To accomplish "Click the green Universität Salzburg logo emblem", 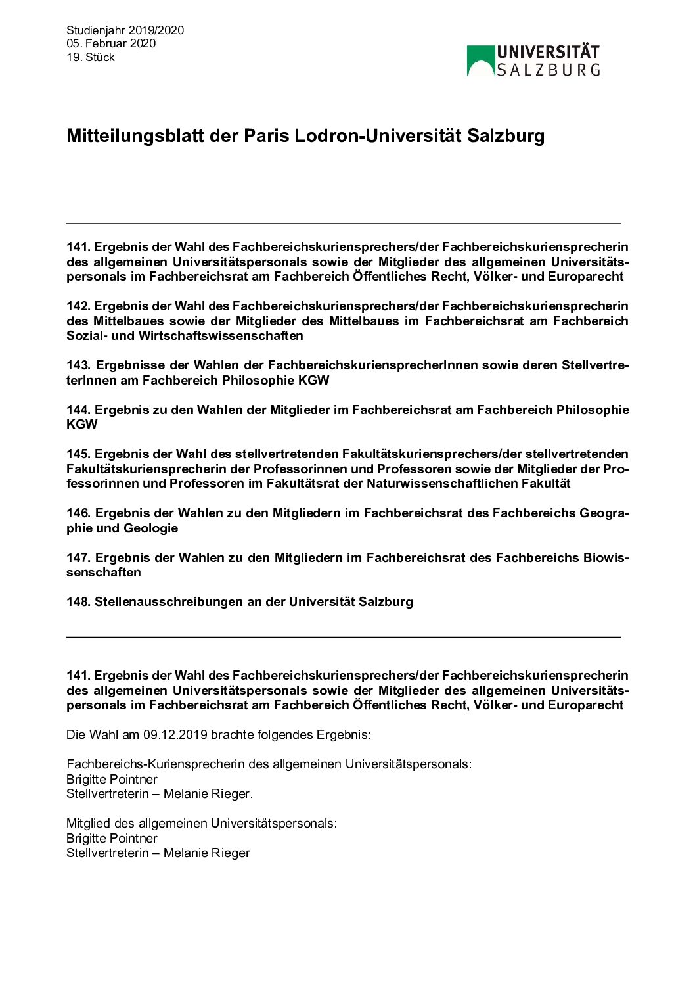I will [x=480, y=60].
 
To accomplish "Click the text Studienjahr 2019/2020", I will [x=125, y=30].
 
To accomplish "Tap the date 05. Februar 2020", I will [x=111, y=43].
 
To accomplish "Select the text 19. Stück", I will [x=91, y=57].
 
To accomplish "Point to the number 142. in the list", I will [x=78, y=306].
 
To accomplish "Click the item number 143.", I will [x=78, y=365].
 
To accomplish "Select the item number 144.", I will [x=78, y=410].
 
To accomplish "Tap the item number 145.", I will [x=78, y=454].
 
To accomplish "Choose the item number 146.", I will [x=78, y=513].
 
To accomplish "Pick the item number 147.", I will [x=78, y=558].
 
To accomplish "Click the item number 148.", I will [x=78, y=602].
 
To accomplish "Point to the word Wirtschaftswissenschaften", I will [x=221, y=336].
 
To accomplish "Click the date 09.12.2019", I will [x=175, y=735].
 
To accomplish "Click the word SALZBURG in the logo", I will [x=548, y=70].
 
